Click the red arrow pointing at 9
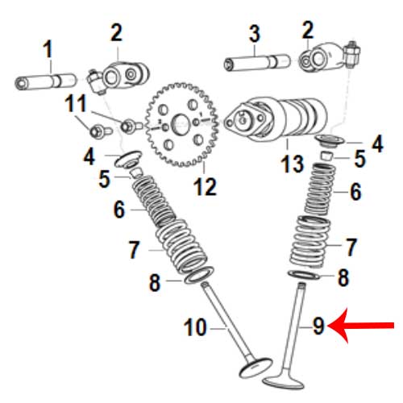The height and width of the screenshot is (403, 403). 361,326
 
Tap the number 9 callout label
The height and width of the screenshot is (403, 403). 318,326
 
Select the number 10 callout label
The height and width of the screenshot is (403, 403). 195,327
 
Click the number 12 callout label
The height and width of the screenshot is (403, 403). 205,187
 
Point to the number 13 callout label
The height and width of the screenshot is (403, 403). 292,164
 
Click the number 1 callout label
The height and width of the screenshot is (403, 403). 48,48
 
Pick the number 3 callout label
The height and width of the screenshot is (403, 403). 255,34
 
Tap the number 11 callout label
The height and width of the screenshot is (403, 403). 76,103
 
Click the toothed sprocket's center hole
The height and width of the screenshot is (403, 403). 180,123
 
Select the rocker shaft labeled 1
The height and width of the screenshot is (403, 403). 46,82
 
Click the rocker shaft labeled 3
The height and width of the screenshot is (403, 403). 257,63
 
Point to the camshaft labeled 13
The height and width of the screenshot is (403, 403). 276,119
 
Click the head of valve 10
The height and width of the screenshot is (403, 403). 256,368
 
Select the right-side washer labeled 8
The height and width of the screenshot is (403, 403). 304,275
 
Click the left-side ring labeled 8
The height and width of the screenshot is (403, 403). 199,276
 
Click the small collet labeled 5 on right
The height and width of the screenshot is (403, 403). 327,156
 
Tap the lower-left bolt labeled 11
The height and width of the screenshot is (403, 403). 100,131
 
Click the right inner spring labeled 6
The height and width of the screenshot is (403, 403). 320,189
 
